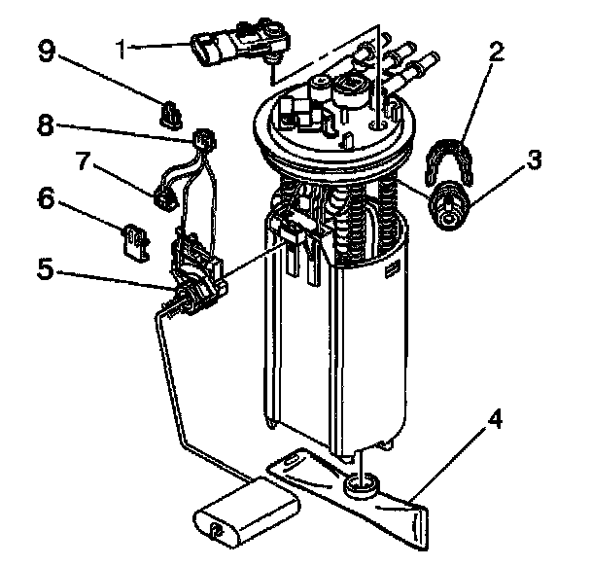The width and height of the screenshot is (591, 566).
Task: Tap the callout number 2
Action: pyautogui.click(x=496, y=53)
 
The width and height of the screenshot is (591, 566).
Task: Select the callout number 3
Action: pyautogui.click(x=532, y=161)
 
